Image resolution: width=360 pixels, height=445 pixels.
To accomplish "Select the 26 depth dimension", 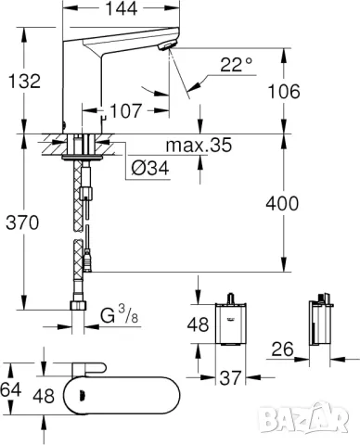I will click(284, 350).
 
